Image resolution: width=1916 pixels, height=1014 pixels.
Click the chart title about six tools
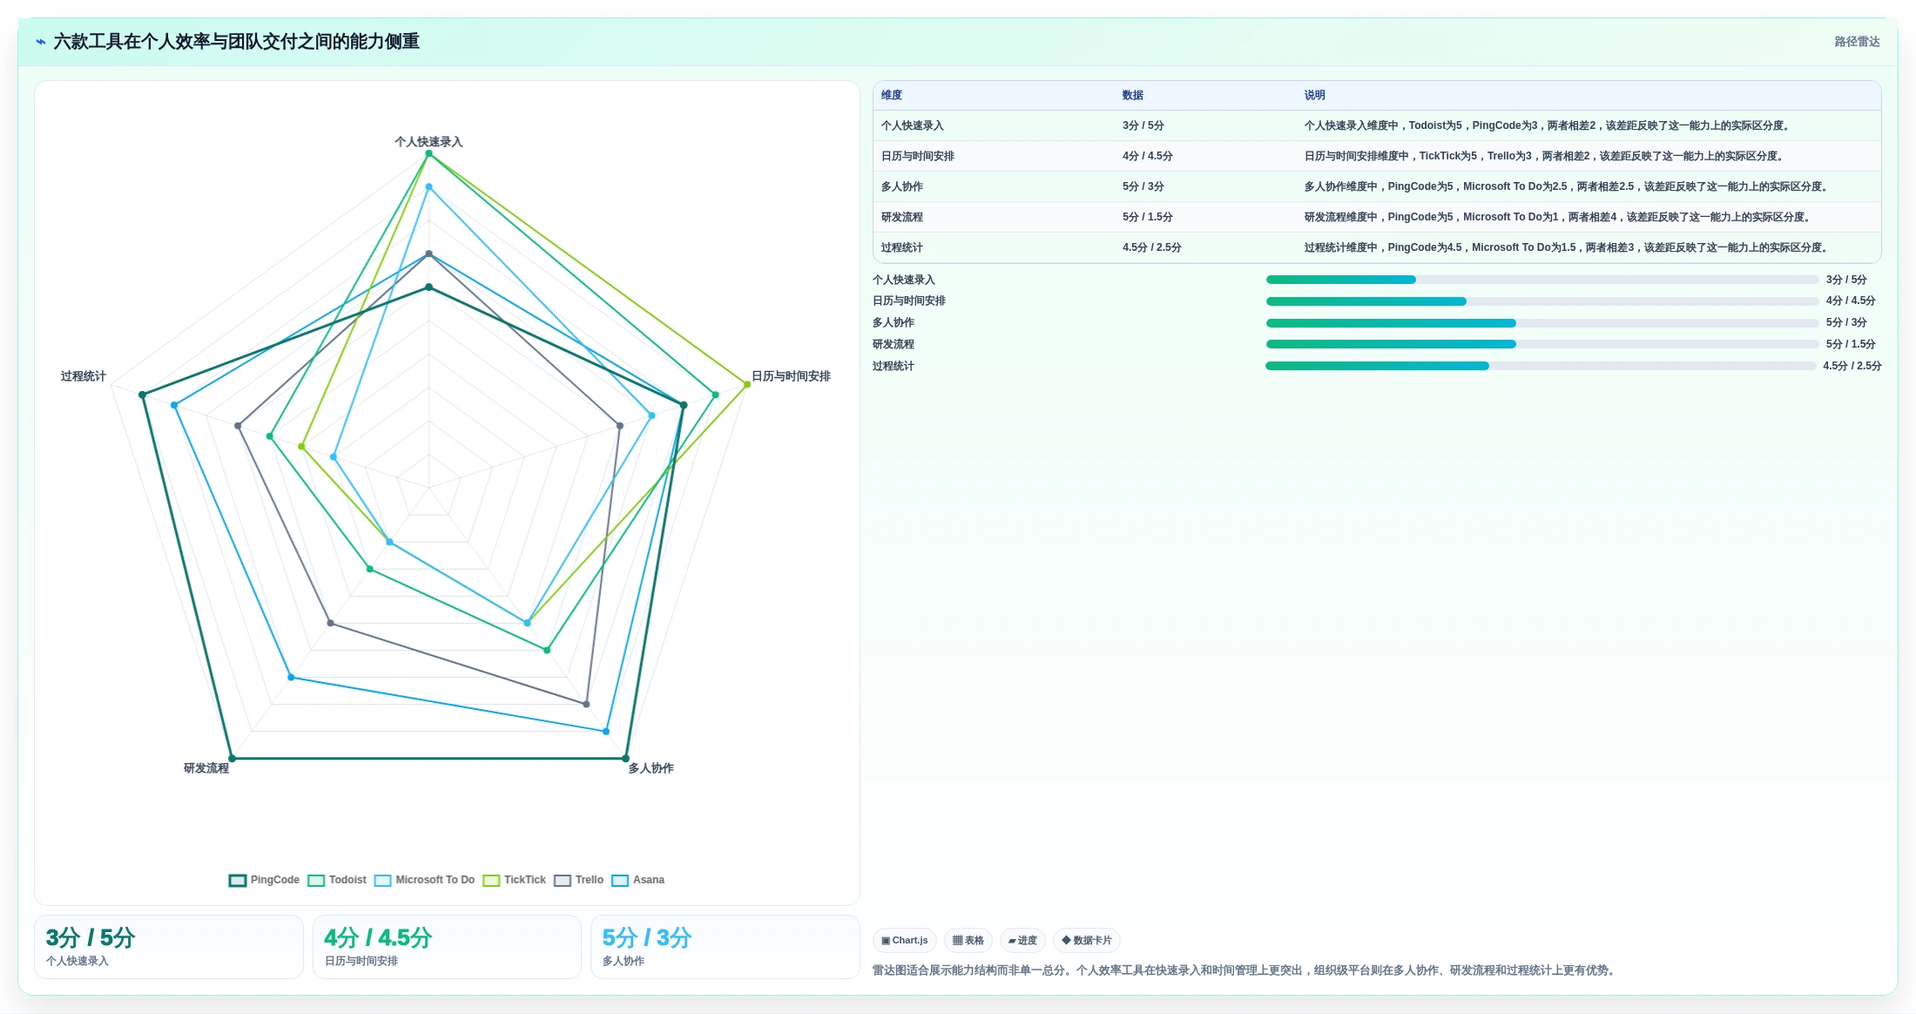click(x=236, y=42)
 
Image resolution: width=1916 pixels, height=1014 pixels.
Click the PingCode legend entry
click(x=264, y=880)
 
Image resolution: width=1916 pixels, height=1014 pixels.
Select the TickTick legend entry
click(x=515, y=880)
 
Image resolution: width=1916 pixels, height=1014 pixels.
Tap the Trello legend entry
click(x=579, y=880)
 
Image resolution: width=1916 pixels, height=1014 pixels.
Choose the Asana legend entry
click(x=638, y=880)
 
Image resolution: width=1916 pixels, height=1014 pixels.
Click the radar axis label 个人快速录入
click(x=428, y=141)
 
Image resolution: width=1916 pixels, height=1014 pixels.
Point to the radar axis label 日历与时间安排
click(x=791, y=376)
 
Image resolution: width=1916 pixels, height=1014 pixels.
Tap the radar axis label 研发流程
click(x=206, y=768)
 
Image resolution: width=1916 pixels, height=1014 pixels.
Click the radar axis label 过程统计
click(x=84, y=376)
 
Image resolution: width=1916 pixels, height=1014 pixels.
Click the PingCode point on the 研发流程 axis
click(x=232, y=759)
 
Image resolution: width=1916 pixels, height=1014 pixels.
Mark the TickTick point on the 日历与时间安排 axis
click(x=747, y=384)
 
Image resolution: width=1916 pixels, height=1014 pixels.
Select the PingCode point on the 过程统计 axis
click(x=143, y=395)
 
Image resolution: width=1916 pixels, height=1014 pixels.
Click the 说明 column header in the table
click(x=1314, y=95)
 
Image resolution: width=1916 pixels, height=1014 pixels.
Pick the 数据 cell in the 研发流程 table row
click(x=1147, y=217)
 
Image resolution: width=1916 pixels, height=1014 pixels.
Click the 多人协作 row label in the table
click(x=901, y=186)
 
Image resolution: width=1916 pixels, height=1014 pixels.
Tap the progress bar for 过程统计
click(x=1541, y=366)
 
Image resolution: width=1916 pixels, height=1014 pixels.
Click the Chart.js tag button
click(x=905, y=941)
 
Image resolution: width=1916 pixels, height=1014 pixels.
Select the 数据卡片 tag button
click(x=1086, y=941)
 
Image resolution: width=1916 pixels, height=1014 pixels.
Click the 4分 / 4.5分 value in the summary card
click(x=378, y=938)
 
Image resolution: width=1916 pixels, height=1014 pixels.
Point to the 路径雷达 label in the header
click(x=1857, y=42)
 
